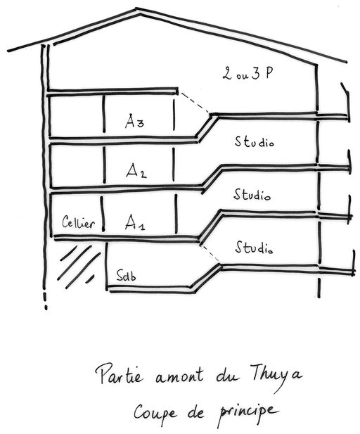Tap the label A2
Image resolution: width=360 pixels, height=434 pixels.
point(136,170)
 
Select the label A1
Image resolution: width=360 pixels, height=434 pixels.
point(135,222)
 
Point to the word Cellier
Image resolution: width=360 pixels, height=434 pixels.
point(78,222)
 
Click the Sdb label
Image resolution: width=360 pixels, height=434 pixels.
point(126,276)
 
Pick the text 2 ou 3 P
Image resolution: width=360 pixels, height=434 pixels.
point(247,72)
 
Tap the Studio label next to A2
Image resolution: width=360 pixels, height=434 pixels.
point(252,194)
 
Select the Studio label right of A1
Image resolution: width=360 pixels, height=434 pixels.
point(254,247)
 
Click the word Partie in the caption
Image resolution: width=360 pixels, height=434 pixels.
point(120,374)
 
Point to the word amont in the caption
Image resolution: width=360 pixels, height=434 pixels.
point(179,376)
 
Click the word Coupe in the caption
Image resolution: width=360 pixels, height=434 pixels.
point(155,413)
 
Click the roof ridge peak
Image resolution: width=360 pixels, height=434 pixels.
point(136,9)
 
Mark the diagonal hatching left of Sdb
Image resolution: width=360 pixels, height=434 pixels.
point(78,266)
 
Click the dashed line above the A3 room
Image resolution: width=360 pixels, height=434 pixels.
point(195,103)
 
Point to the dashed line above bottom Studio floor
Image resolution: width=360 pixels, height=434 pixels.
point(210,253)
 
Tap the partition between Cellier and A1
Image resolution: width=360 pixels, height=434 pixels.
point(102,214)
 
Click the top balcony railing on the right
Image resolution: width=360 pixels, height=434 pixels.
point(347,102)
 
